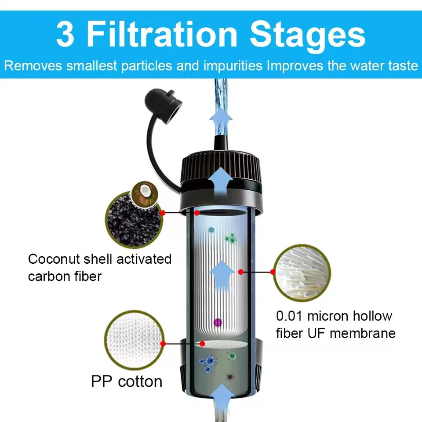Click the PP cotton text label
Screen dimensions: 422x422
pos(127,381)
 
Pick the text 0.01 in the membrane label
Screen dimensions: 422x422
pos(290,316)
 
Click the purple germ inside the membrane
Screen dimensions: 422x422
pos(216,323)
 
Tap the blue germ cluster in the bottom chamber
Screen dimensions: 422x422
pos(208,362)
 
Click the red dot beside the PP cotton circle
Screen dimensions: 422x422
pos(163,343)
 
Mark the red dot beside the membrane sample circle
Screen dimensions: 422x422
pos(273,272)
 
